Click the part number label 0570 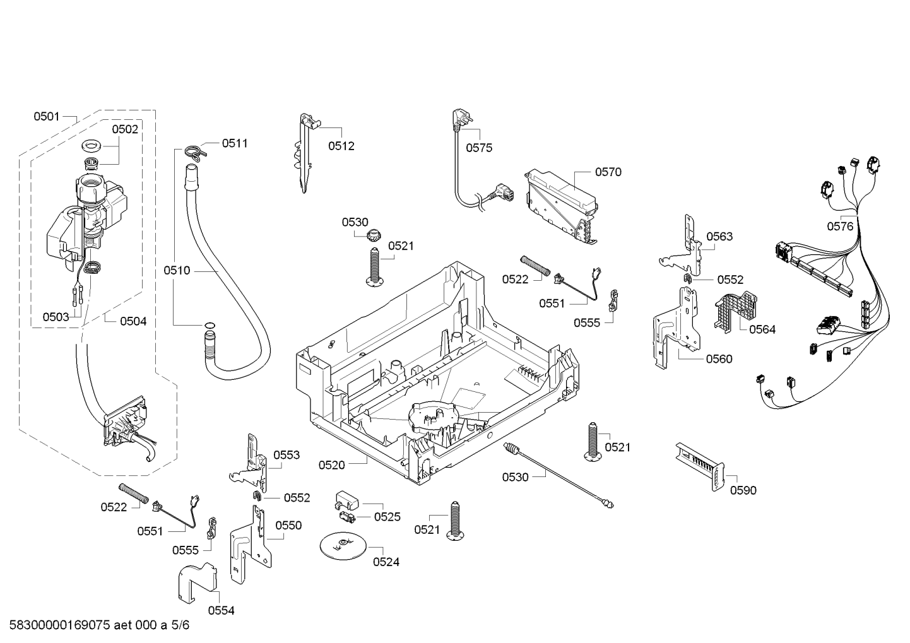point(608,172)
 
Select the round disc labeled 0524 point(343,546)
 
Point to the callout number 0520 point(331,465)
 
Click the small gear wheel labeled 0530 point(372,235)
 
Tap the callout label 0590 point(743,490)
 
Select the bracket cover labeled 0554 point(198,582)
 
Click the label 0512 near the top point(341,146)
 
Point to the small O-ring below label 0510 point(209,324)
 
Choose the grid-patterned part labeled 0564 point(735,312)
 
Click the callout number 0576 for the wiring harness point(840,226)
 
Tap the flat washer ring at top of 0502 point(92,145)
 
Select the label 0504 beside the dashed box point(133,321)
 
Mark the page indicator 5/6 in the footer point(180,625)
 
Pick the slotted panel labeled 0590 point(700,467)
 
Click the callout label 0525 point(387,517)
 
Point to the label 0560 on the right point(719,358)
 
